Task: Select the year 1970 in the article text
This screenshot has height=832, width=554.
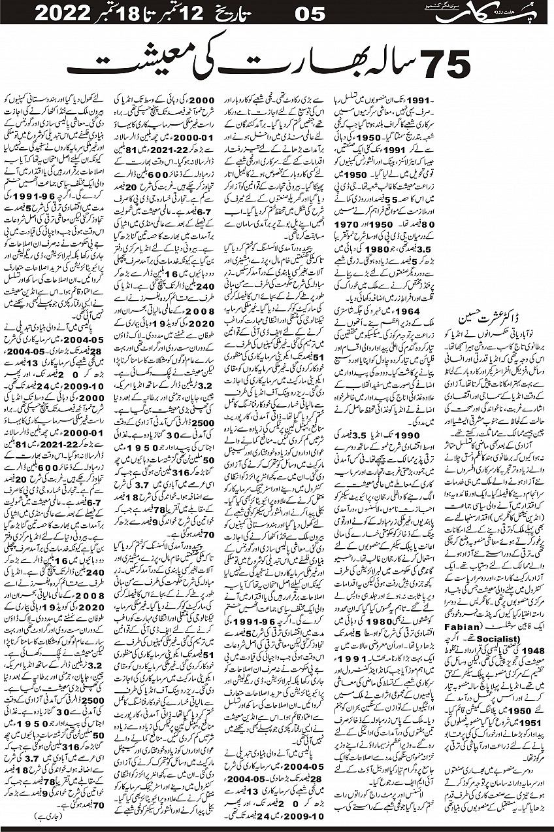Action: (412, 224)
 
